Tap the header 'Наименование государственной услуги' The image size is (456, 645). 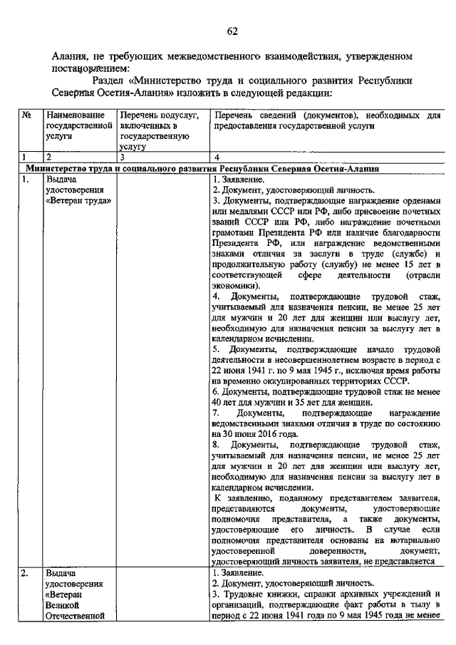79,125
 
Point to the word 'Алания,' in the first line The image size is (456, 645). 72,55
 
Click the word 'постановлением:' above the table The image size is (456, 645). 86,67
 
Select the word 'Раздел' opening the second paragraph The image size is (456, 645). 108,81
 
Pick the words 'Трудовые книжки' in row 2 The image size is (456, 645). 259,594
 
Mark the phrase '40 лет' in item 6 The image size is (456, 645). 224,402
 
